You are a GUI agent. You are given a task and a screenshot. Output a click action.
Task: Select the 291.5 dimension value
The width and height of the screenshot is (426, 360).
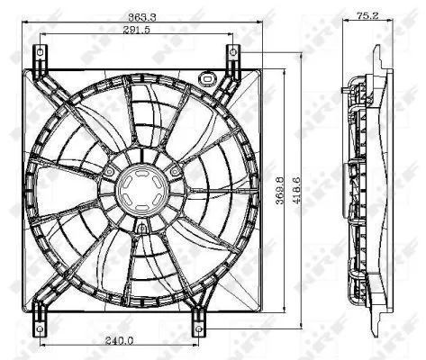[x=136, y=31]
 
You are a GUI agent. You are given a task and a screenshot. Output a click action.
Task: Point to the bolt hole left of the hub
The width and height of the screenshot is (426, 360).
[x=109, y=170]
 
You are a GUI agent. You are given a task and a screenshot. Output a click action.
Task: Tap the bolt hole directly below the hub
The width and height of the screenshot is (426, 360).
[x=140, y=229]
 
